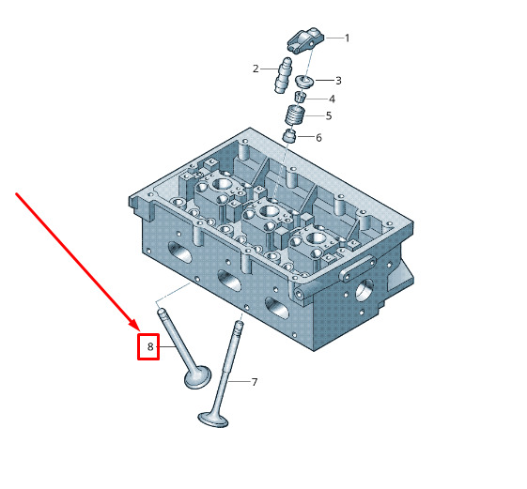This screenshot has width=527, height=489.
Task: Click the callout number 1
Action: pyautogui.click(x=348, y=38)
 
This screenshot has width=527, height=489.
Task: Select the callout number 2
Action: pyautogui.click(x=256, y=69)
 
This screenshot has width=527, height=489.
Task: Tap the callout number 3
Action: pyautogui.click(x=338, y=81)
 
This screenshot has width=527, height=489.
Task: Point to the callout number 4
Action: pyautogui.click(x=332, y=99)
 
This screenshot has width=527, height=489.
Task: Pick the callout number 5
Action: pyautogui.click(x=329, y=116)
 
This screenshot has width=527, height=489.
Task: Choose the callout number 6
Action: pyautogui.click(x=318, y=138)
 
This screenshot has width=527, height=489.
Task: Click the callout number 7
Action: pyautogui.click(x=255, y=382)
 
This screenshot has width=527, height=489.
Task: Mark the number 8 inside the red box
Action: pyautogui.click(x=150, y=346)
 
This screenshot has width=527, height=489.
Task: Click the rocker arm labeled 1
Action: pyautogui.click(x=305, y=40)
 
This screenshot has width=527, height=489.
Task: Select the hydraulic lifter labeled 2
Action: pyautogui.click(x=283, y=76)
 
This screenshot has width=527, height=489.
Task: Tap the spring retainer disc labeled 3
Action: pyautogui.click(x=305, y=82)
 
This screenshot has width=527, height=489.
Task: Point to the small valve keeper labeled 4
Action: pyautogui.click(x=301, y=97)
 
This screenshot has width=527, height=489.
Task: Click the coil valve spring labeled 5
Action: pyautogui.click(x=295, y=115)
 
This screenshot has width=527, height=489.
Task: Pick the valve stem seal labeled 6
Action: pyautogui.click(x=289, y=135)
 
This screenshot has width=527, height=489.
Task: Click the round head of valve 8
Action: pyautogui.click(x=198, y=376)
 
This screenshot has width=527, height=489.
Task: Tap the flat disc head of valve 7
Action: pyautogui.click(x=213, y=420)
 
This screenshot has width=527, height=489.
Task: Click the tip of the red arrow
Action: pyautogui.click(x=139, y=330)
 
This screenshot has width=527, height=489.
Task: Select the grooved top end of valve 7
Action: pyautogui.click(x=239, y=327)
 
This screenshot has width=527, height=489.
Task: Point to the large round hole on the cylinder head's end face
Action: pyautogui.click(x=364, y=291)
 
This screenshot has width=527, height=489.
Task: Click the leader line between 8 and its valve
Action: pyautogui.click(x=165, y=346)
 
